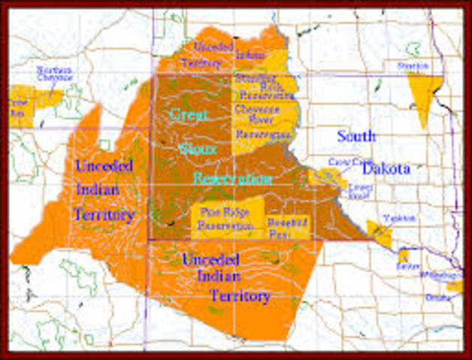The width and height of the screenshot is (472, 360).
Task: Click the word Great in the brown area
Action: tap(188, 115)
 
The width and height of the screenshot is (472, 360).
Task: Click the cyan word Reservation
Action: tap(233, 178)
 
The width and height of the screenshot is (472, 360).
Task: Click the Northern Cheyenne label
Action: tap(56, 73)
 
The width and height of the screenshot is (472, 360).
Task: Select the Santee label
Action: tap(409, 266)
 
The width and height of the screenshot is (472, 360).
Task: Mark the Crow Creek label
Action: tap(346, 161)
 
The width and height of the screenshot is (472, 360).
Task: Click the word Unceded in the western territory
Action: tap(104, 165)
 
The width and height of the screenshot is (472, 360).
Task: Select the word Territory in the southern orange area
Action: tap(239, 295)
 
